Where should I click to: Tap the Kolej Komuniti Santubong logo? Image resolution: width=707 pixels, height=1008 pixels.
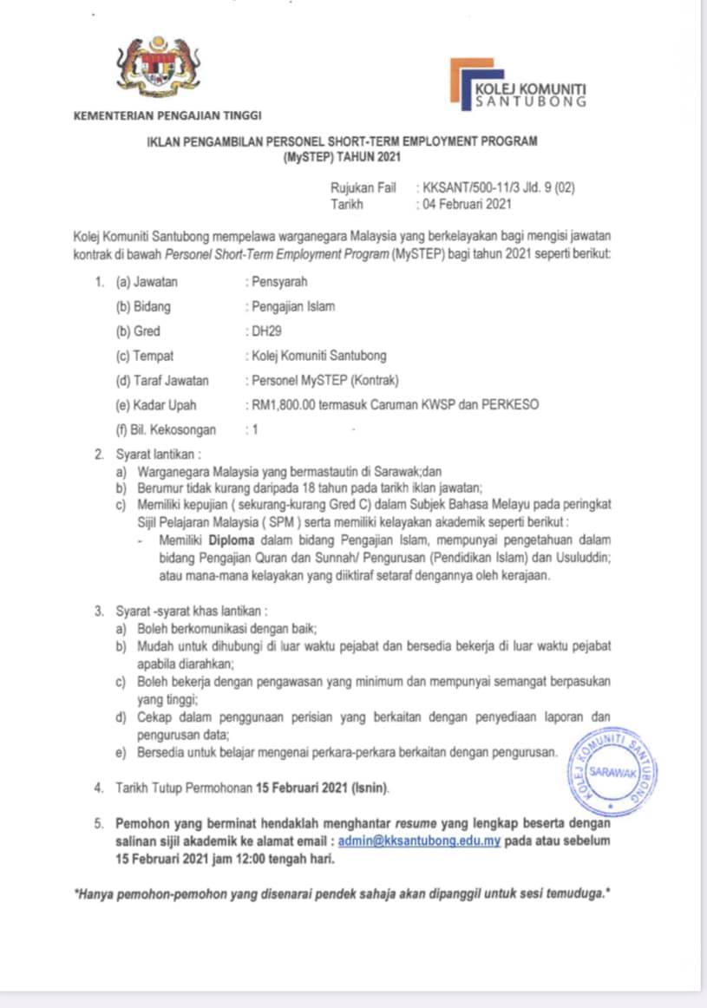[518, 85]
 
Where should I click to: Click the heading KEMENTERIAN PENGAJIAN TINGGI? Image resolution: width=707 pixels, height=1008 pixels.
[167, 115]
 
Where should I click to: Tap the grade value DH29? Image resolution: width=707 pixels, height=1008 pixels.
[265, 331]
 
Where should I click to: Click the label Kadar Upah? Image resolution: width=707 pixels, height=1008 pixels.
[165, 404]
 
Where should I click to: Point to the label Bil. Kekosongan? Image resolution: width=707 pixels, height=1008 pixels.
[173, 429]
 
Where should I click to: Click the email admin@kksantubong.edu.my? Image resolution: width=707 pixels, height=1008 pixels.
[419, 841]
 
